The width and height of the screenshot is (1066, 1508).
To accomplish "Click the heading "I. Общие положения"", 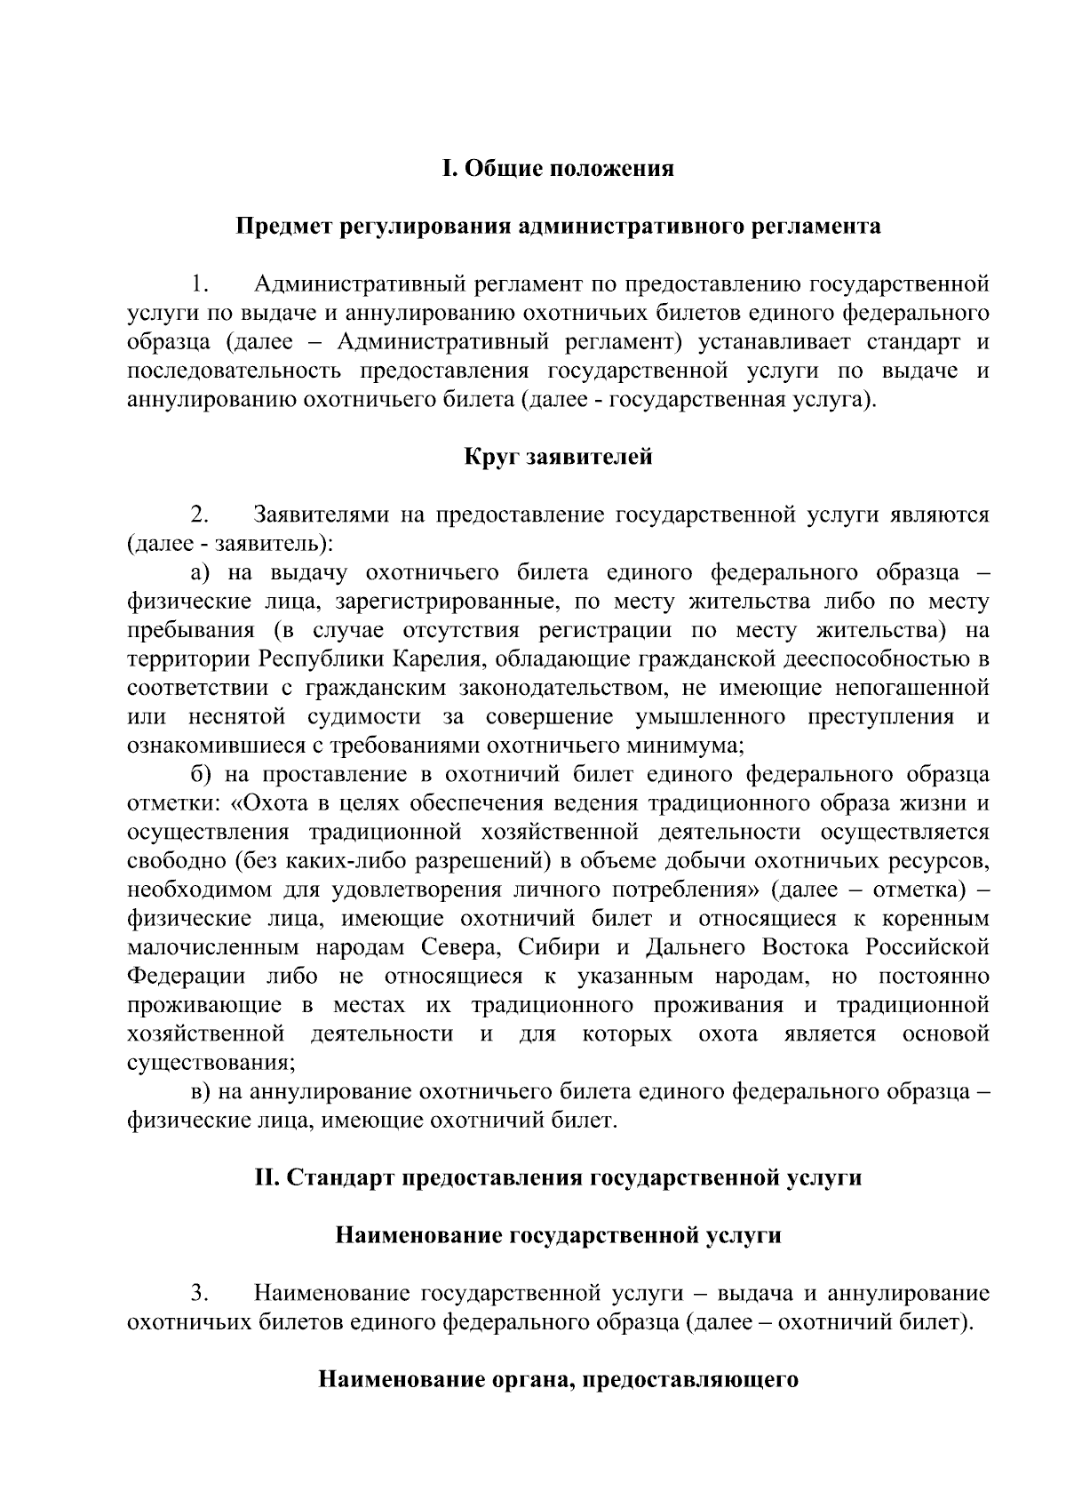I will point(558,169).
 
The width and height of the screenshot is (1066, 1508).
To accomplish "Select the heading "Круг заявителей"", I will point(558,457).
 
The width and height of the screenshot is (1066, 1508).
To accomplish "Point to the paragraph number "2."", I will point(199,515).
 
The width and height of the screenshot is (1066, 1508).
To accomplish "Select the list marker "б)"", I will point(203,774).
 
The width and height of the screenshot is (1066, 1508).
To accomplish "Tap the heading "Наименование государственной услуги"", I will point(558,1235).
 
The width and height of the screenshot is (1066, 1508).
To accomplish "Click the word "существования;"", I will point(211,1062).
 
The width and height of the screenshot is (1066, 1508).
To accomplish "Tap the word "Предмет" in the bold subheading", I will point(284,227).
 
